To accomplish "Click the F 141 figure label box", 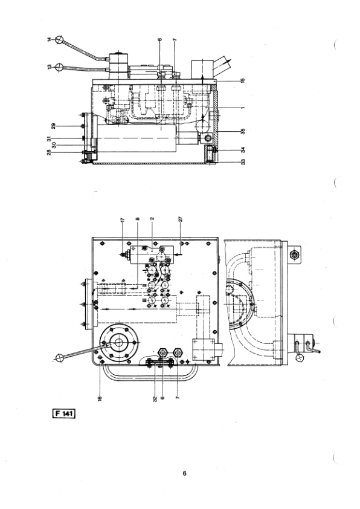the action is pyautogui.click(x=64, y=413).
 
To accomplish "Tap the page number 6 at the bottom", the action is pyautogui.click(x=184, y=473).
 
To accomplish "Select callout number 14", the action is pyautogui.click(x=50, y=40).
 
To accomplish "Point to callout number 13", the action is pyautogui.click(x=50, y=67).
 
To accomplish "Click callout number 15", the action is pyautogui.click(x=243, y=80).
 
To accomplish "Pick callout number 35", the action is pyautogui.click(x=243, y=131).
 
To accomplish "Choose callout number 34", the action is pyautogui.click(x=243, y=150).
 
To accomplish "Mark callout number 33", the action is pyautogui.click(x=243, y=161).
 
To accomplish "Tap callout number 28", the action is pyautogui.click(x=50, y=152).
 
